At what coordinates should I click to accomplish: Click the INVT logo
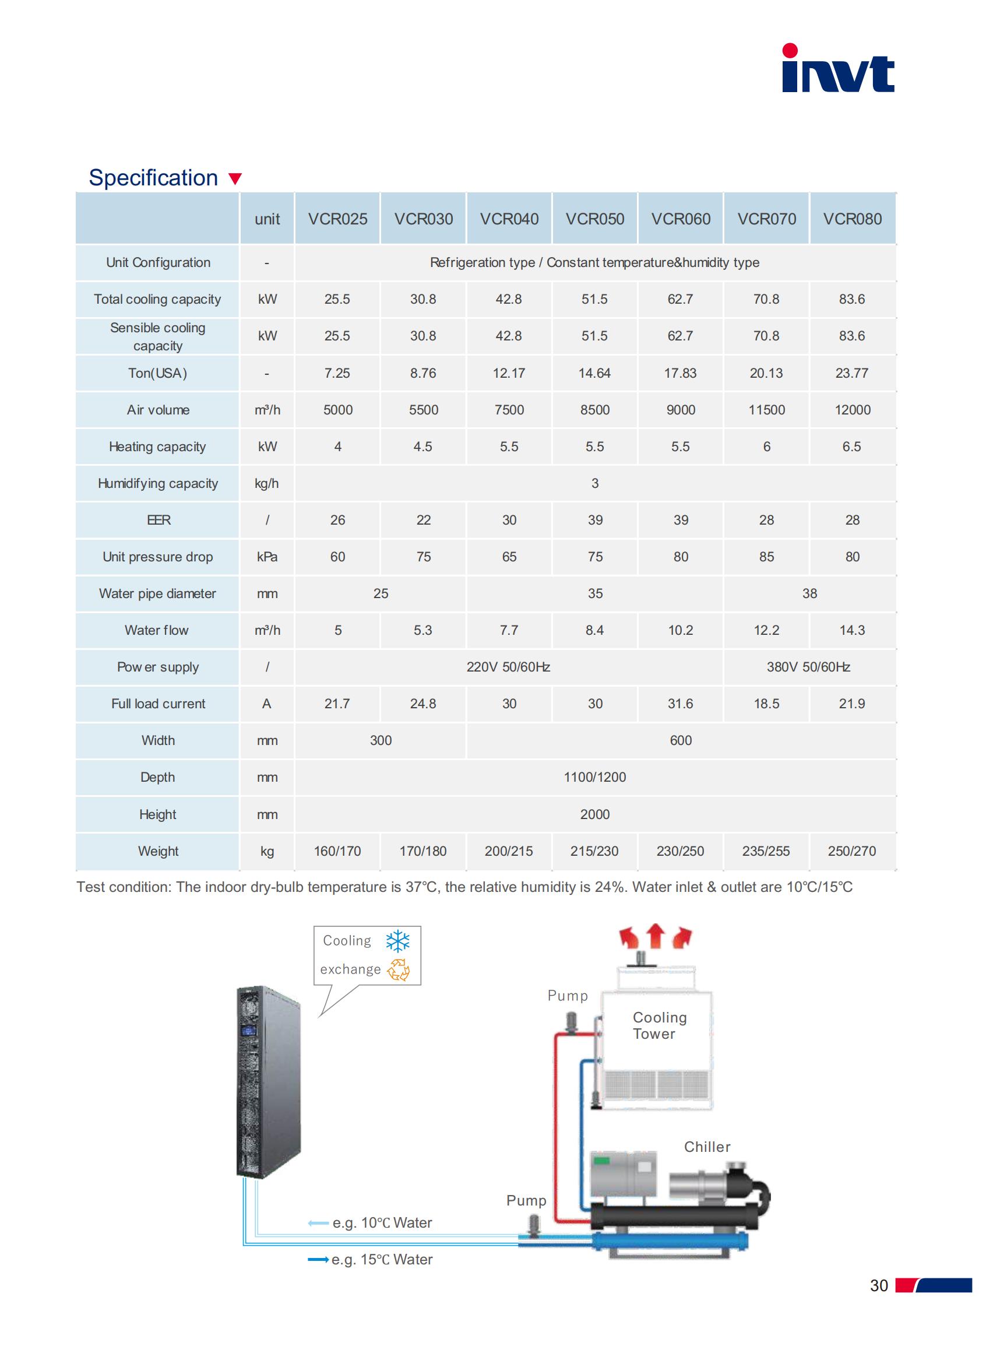[837, 69]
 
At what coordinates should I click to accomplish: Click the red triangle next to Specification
[235, 179]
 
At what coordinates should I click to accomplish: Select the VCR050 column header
[594, 219]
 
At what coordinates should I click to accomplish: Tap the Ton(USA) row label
[157, 373]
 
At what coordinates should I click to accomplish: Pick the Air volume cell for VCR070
[766, 410]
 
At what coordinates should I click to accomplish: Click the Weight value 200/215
[509, 851]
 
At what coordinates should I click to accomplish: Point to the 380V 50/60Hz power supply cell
[809, 667]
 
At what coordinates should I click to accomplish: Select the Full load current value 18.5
[766, 704]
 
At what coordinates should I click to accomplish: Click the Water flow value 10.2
[681, 630]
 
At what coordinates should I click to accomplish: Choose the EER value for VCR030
[423, 520]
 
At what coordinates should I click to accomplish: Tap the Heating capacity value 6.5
[852, 447]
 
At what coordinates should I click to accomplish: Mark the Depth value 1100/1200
[594, 777]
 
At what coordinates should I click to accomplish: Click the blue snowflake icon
[397, 941]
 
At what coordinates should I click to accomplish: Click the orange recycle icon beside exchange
[398, 970]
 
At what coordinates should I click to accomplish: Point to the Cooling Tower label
[659, 1025]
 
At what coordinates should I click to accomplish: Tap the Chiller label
[707, 1147]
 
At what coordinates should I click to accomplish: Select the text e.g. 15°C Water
[382, 1260]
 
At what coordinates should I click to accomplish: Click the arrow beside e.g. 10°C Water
[318, 1223]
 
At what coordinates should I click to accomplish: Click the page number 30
[879, 1285]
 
